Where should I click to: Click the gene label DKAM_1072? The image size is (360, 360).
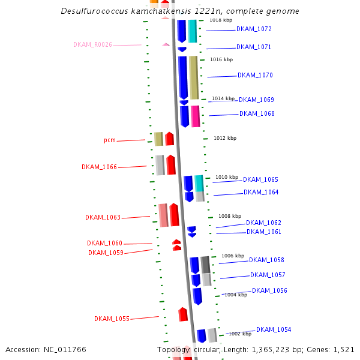click(x=254, y=29)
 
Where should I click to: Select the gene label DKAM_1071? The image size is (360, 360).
click(x=254, y=47)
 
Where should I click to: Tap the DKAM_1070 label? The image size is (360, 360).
click(x=255, y=75)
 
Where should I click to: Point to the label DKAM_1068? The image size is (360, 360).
click(x=257, y=113)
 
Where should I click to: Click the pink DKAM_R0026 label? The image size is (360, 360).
click(x=92, y=44)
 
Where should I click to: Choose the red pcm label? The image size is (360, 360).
click(x=109, y=140)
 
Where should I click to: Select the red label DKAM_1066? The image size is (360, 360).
click(x=99, y=167)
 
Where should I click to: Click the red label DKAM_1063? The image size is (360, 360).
click(x=103, y=217)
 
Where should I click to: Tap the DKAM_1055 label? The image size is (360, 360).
click(x=112, y=319)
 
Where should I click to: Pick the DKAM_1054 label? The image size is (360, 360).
click(x=274, y=329)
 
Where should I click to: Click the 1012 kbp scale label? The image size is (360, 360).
click(x=225, y=138)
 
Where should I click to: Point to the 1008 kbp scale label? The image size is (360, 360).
click(x=230, y=216)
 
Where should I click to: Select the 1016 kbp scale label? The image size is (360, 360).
click(x=221, y=59)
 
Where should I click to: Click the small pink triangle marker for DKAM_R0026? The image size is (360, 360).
click(x=166, y=44)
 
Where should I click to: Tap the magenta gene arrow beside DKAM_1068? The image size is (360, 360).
click(x=195, y=116)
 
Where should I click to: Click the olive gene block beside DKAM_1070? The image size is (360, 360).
click(x=194, y=77)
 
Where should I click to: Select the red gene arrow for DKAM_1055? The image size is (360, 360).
click(x=183, y=314)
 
